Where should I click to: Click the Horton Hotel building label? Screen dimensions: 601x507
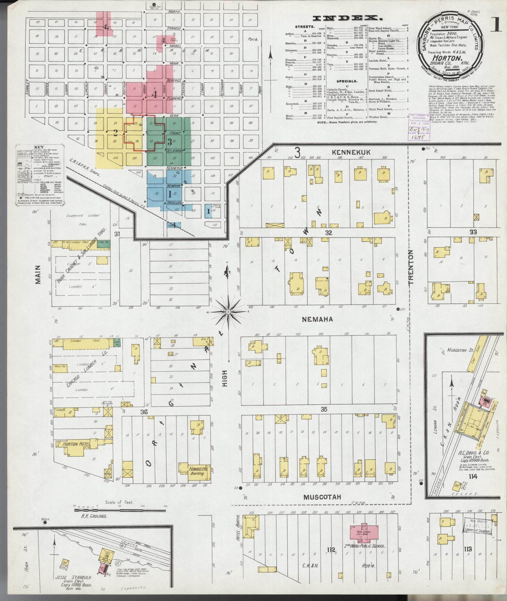pyautogui.click(x=73, y=444)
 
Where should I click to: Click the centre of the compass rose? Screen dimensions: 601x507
pyautogui.click(x=228, y=312)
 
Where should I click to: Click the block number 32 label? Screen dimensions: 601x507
pyautogui.click(x=329, y=233)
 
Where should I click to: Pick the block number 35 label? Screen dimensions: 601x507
pyautogui.click(x=324, y=409)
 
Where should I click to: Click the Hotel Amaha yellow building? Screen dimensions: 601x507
pyautogui.click(x=252, y=527)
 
